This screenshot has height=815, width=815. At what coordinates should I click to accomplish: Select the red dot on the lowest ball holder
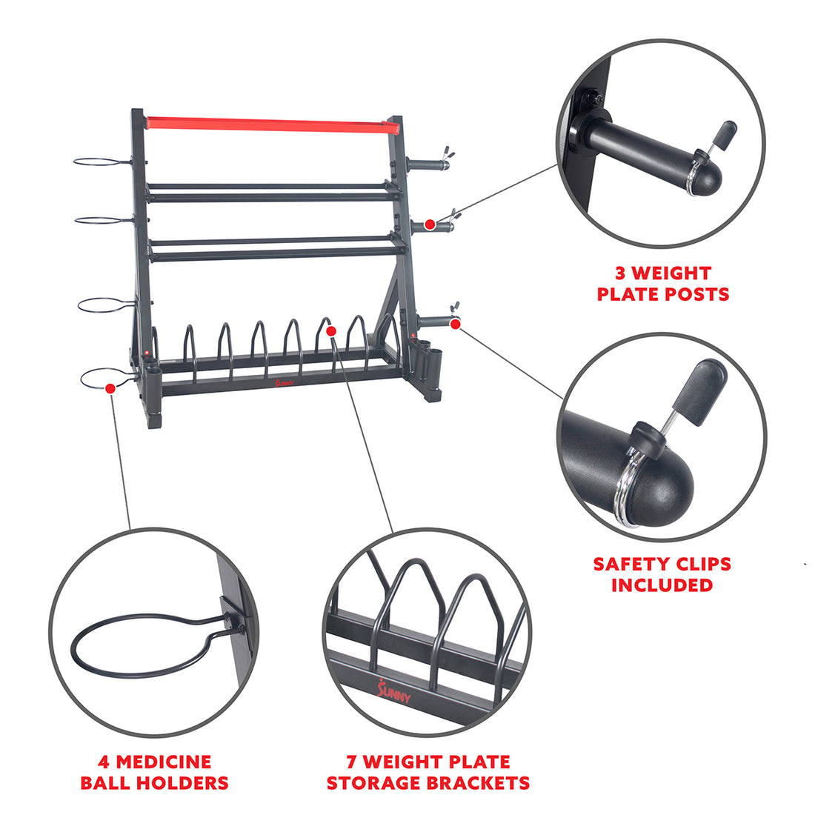(x=110, y=387)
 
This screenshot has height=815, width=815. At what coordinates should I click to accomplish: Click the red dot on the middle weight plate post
(x=430, y=224)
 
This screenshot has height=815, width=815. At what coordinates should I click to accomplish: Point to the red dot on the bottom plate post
(x=455, y=324)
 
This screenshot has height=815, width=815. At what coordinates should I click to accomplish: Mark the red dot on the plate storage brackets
(x=331, y=330)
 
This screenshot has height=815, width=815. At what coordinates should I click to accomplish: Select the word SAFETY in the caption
(x=632, y=564)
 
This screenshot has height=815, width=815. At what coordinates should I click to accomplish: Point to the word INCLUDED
(x=662, y=585)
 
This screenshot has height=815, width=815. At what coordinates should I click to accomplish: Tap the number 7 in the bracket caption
(x=352, y=762)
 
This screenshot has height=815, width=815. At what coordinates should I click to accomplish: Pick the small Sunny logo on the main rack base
(x=284, y=383)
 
